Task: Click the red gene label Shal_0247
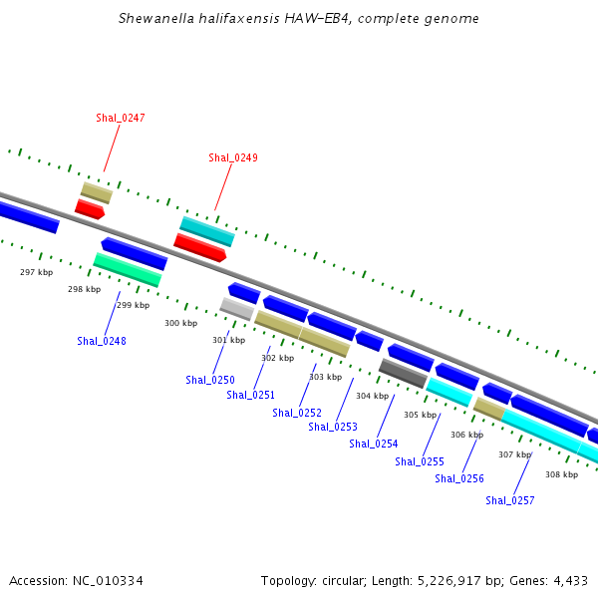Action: click(x=121, y=118)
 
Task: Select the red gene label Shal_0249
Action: click(x=233, y=157)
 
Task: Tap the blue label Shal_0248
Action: click(x=102, y=341)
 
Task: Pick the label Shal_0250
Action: click(x=210, y=380)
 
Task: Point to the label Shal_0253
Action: click(x=333, y=427)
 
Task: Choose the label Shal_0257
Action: click(x=510, y=500)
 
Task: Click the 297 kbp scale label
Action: click(x=37, y=272)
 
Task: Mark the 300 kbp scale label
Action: click(x=181, y=323)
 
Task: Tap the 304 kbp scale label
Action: click(x=372, y=397)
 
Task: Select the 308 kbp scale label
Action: click(x=561, y=474)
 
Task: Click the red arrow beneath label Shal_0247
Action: click(x=90, y=209)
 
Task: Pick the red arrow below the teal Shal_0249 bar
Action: click(x=199, y=246)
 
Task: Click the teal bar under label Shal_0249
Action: click(x=207, y=231)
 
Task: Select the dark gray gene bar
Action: click(x=403, y=373)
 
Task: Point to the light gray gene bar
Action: click(x=236, y=308)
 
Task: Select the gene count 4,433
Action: click(x=568, y=580)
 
